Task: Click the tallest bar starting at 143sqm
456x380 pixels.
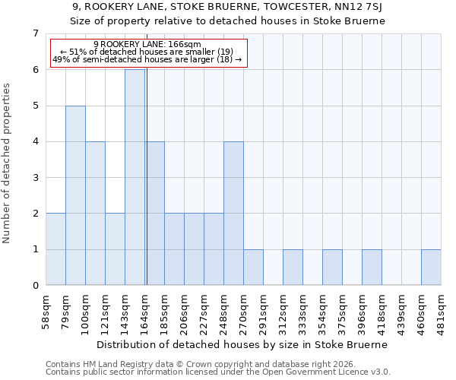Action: pyautogui.click(x=135, y=177)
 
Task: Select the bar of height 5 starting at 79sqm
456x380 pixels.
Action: pyautogui.click(x=75, y=195)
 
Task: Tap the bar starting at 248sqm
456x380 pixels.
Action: pyautogui.click(x=233, y=213)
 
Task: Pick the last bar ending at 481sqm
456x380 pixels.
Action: pyautogui.click(x=431, y=267)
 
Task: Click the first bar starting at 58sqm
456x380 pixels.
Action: pyautogui.click(x=55, y=249)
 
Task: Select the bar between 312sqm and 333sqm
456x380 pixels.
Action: pyautogui.click(x=293, y=267)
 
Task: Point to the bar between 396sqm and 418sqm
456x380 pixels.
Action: pyautogui.click(x=372, y=267)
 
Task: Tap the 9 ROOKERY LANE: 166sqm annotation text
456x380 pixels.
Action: pyautogui.click(x=147, y=45)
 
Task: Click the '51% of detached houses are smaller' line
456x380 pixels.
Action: pyautogui.click(x=147, y=52)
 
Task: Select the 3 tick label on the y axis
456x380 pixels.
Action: pyautogui.click(x=35, y=178)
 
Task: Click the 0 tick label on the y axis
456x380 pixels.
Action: pyautogui.click(x=35, y=286)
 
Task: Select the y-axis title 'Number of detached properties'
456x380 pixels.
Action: pyautogui.click(x=8, y=163)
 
